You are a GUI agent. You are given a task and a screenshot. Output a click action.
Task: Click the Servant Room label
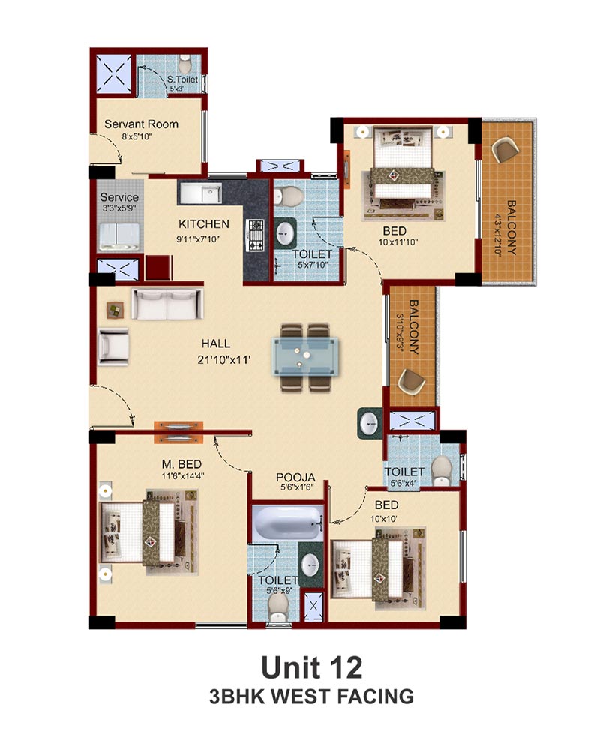tap(141, 124)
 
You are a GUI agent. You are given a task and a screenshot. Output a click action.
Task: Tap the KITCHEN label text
tap(204, 223)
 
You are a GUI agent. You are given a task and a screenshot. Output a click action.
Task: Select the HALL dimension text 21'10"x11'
tap(224, 360)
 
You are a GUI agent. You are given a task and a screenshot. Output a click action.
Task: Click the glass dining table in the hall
tap(305, 356)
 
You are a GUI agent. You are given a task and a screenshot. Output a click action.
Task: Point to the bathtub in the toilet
tap(287, 523)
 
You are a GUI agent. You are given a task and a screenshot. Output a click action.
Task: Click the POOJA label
tap(295, 477)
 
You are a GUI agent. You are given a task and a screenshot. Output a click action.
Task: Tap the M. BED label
tap(181, 464)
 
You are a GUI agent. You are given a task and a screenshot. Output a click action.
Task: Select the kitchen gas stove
tap(255, 235)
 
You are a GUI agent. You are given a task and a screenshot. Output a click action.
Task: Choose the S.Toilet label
tap(182, 79)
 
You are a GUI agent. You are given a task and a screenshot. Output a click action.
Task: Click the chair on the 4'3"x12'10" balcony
tap(505, 150)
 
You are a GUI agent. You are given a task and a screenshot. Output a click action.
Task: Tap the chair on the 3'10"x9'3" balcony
tap(412, 381)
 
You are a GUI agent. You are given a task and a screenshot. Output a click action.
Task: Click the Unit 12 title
tap(311, 667)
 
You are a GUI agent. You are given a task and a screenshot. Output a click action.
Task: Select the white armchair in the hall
tap(113, 346)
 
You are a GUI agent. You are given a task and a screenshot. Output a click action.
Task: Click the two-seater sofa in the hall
tap(167, 304)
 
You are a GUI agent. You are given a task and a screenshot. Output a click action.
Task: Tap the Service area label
tap(119, 197)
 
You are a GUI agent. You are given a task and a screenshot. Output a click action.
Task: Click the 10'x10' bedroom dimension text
tap(384, 519)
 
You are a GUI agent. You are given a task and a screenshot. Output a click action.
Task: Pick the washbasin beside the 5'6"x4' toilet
tap(370, 423)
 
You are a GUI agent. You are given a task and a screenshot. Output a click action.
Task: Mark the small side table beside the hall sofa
tap(115, 310)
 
